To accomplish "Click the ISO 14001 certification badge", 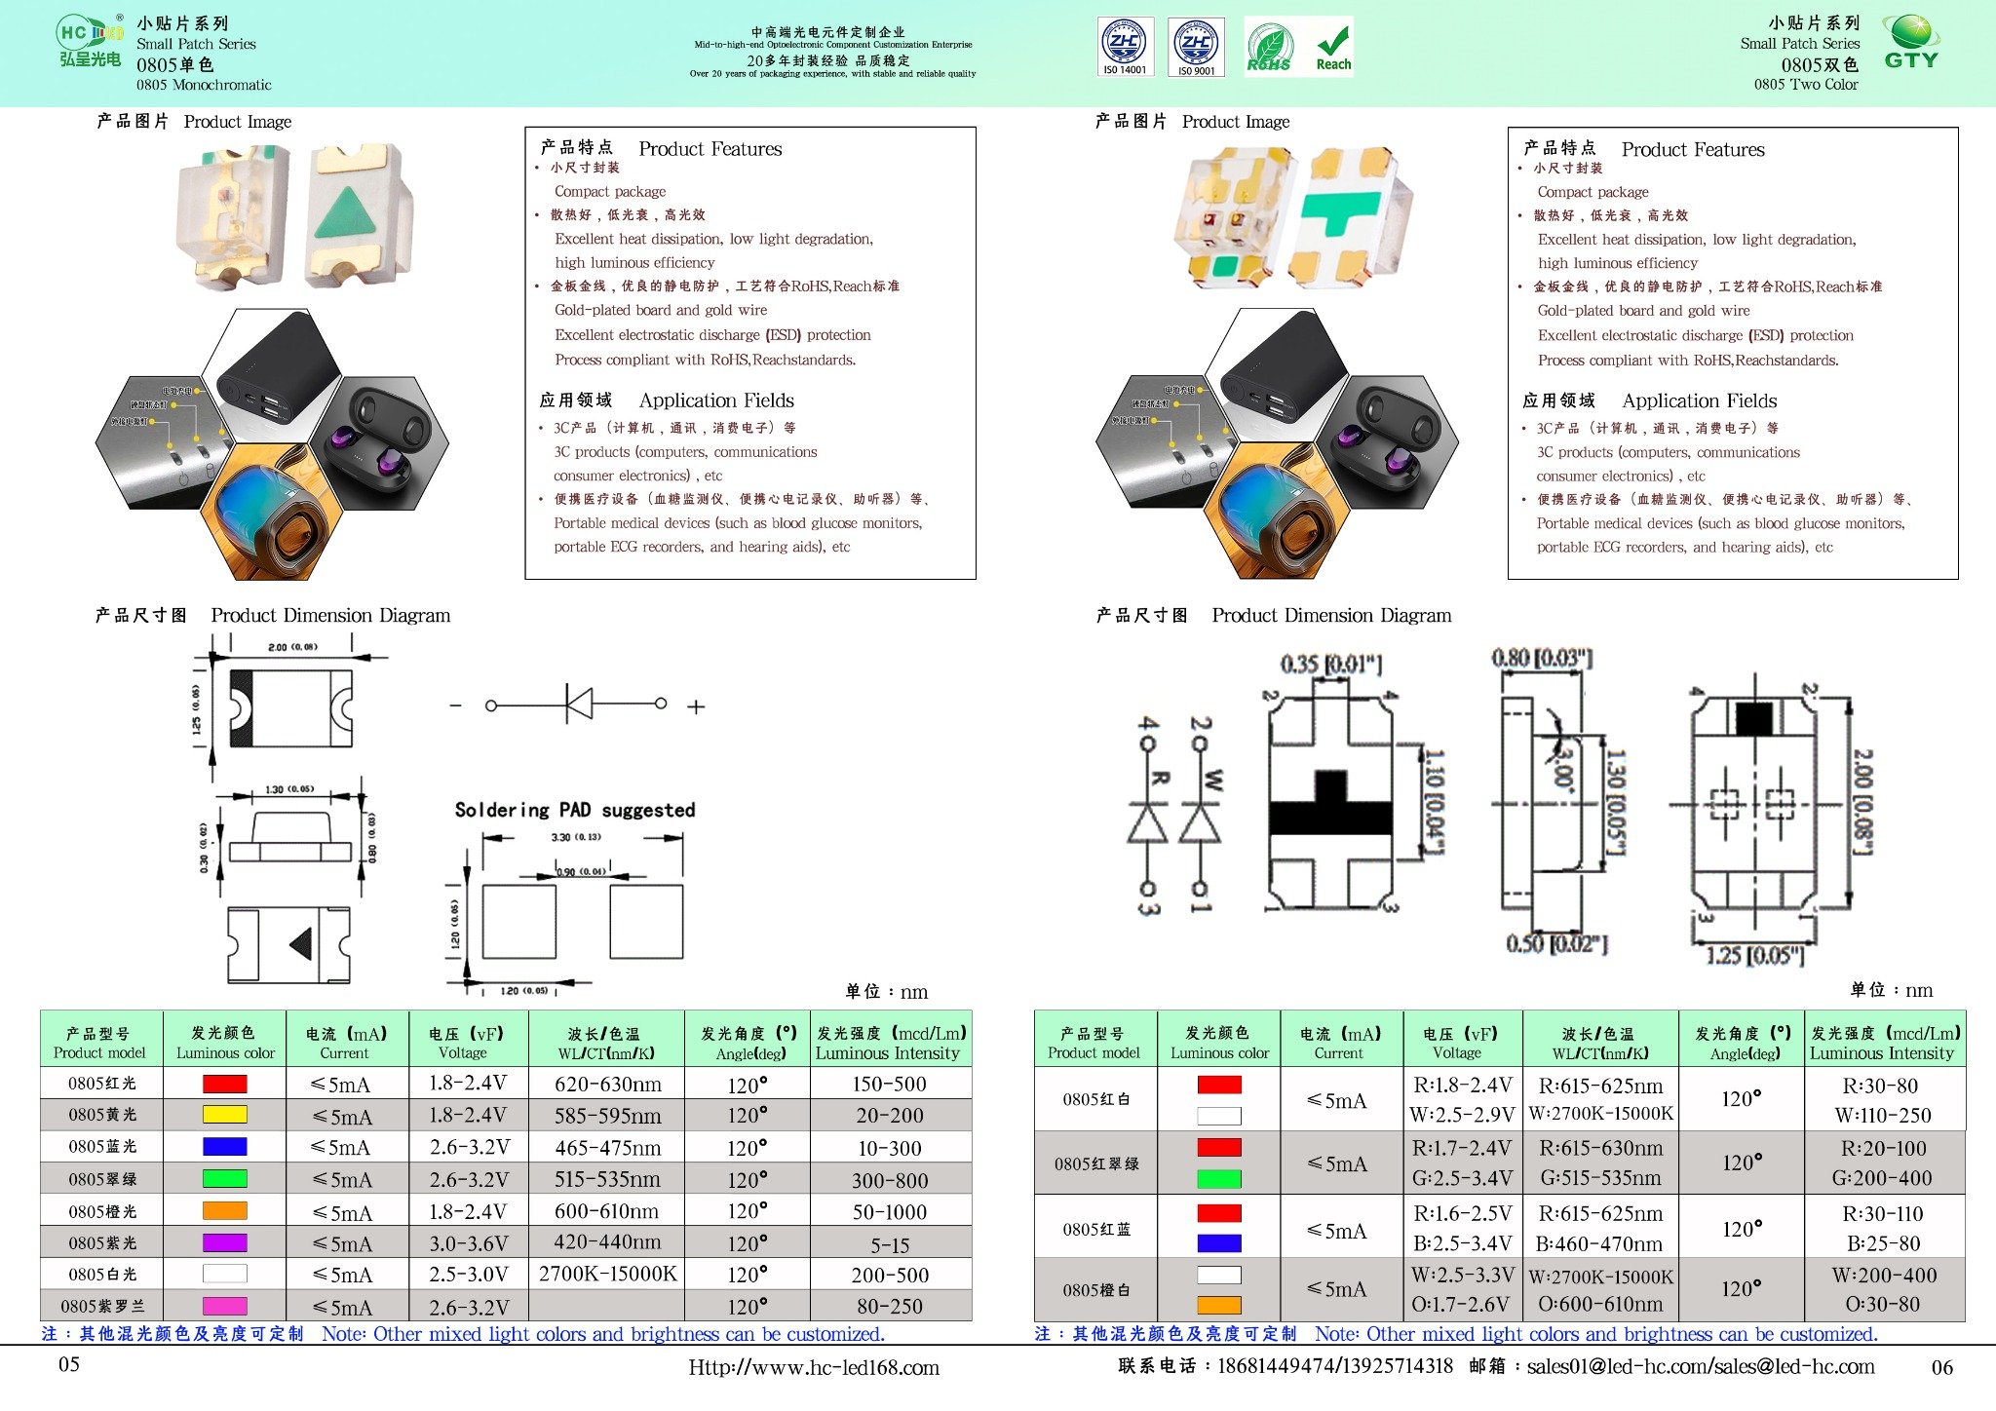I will [x=1125, y=46].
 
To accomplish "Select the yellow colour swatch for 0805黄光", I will [x=224, y=1115].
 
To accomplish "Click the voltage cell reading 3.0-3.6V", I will [x=468, y=1243].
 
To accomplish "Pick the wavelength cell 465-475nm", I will [x=607, y=1147].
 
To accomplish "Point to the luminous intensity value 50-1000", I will [x=889, y=1211].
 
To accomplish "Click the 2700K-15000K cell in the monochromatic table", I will [x=607, y=1274].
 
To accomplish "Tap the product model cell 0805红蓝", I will [x=1095, y=1229].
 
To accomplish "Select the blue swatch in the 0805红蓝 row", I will [x=1218, y=1243].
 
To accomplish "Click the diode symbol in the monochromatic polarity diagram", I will [x=578, y=704].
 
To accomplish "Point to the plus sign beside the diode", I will [x=696, y=706].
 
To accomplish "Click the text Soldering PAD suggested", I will [x=575, y=810].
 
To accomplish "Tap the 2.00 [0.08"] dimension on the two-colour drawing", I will [x=1862, y=801].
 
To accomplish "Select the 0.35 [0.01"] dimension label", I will [x=1331, y=665].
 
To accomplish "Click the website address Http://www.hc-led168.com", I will [x=814, y=1367].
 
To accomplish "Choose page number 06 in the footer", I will [x=1941, y=1367].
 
